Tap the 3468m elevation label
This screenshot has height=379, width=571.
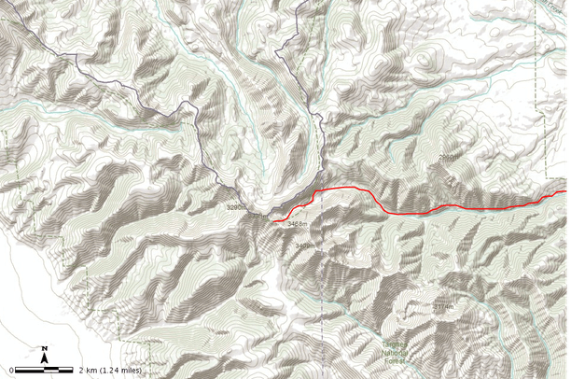(x=298, y=224)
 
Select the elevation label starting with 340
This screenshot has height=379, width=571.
(x=303, y=246)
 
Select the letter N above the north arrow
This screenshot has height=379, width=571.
(x=45, y=349)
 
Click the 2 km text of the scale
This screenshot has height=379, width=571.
(x=90, y=371)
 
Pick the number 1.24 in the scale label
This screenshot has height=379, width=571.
(x=110, y=371)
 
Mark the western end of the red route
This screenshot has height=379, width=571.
(x=274, y=221)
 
